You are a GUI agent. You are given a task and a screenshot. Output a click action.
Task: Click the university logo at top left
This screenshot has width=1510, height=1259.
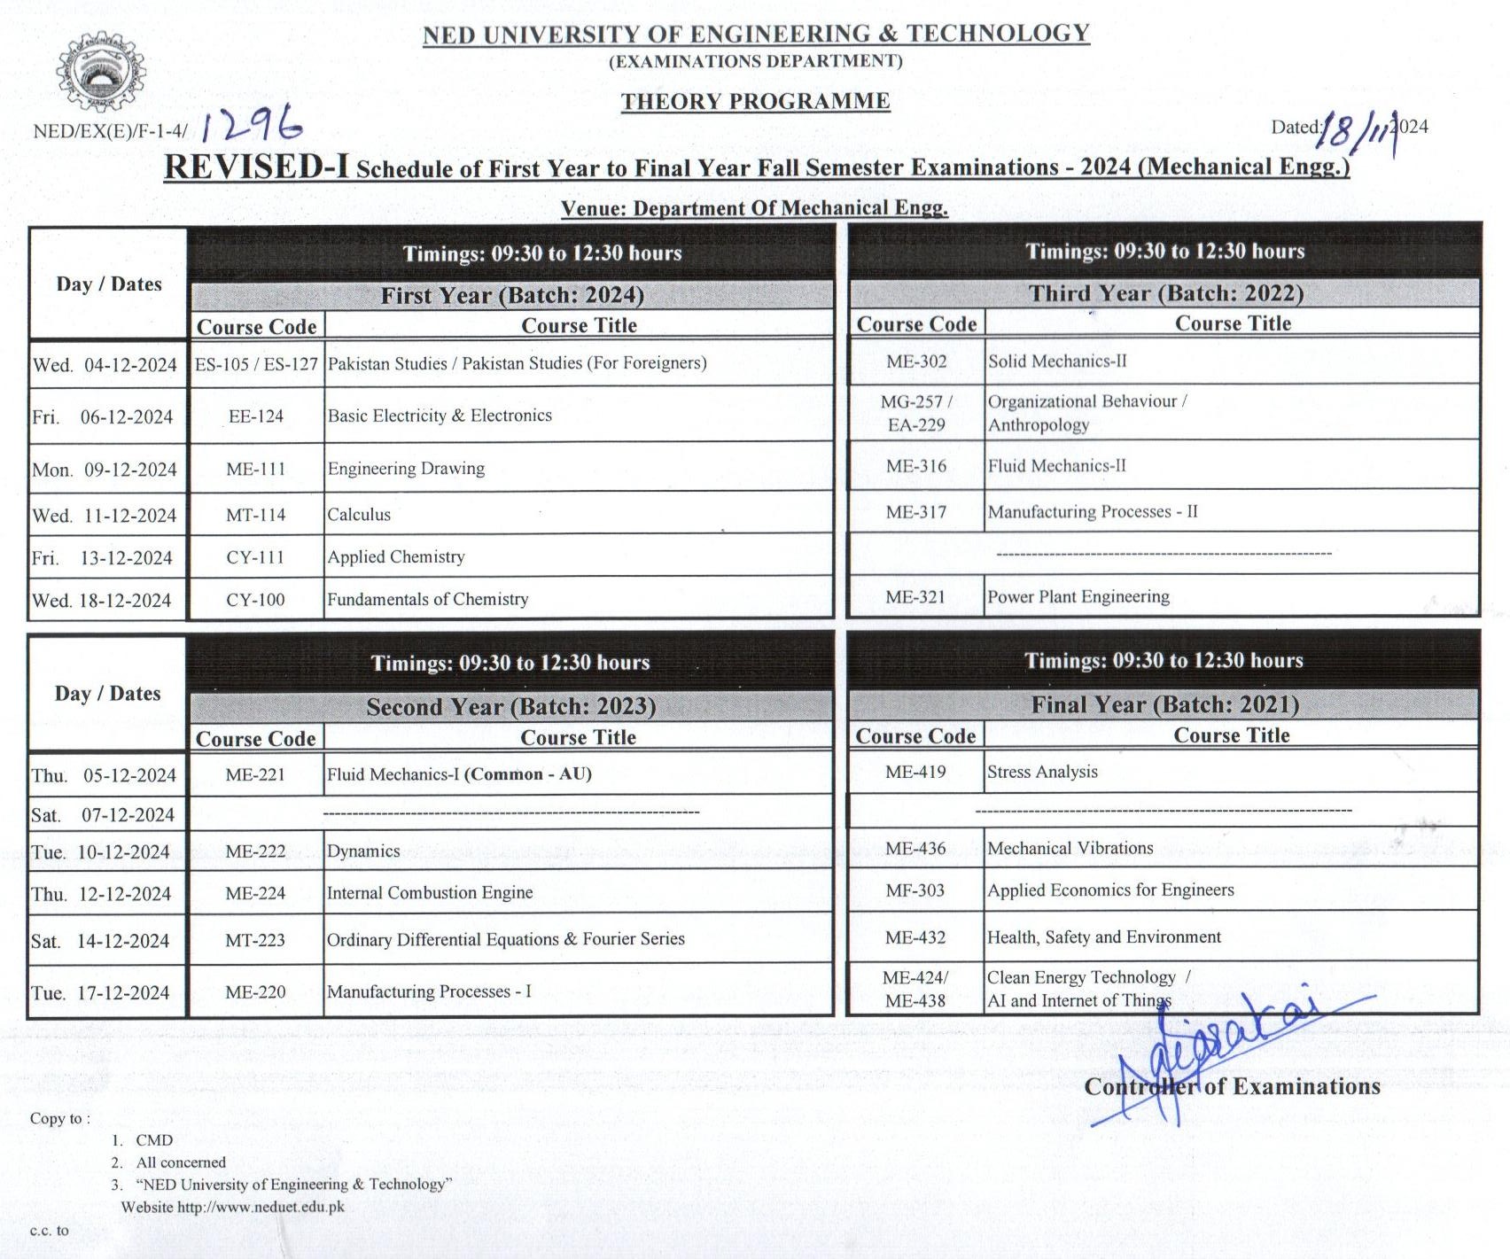tap(101, 74)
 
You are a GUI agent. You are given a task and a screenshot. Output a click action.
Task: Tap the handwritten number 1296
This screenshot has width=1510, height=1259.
tap(252, 128)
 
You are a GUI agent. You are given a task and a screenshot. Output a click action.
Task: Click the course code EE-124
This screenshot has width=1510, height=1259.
tap(255, 416)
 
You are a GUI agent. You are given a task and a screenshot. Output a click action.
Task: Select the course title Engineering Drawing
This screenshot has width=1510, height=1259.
tap(406, 468)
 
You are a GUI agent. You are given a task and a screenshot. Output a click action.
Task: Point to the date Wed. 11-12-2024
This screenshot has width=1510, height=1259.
tap(105, 516)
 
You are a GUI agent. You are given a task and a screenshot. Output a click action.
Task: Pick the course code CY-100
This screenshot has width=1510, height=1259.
tap(255, 600)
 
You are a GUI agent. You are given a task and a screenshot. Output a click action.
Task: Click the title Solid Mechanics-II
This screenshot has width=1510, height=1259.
tap(1057, 361)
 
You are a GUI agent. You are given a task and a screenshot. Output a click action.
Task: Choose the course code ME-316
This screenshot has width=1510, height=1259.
tap(916, 466)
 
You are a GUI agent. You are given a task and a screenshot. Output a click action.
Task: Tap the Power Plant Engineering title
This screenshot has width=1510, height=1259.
tap(1078, 597)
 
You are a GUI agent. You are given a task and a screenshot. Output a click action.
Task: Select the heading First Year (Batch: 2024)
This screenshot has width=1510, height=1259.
tap(512, 295)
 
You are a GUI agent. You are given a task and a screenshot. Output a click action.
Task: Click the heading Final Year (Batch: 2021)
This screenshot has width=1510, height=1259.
tap(1164, 704)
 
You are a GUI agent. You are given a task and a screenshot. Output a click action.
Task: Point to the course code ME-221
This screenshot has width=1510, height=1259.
tap(255, 774)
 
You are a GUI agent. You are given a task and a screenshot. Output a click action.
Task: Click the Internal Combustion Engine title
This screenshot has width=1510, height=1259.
tap(430, 893)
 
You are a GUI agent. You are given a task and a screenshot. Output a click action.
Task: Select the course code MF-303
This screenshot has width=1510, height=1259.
tap(915, 890)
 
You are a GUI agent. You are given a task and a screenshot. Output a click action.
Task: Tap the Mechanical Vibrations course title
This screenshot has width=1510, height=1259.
tap(1070, 848)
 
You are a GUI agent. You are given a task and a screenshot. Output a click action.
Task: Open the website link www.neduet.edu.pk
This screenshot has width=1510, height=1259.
tap(261, 1207)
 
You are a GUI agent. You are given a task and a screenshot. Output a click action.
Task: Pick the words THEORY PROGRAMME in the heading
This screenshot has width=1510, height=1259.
tap(755, 101)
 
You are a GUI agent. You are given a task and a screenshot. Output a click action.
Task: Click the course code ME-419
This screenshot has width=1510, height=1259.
tap(915, 772)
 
